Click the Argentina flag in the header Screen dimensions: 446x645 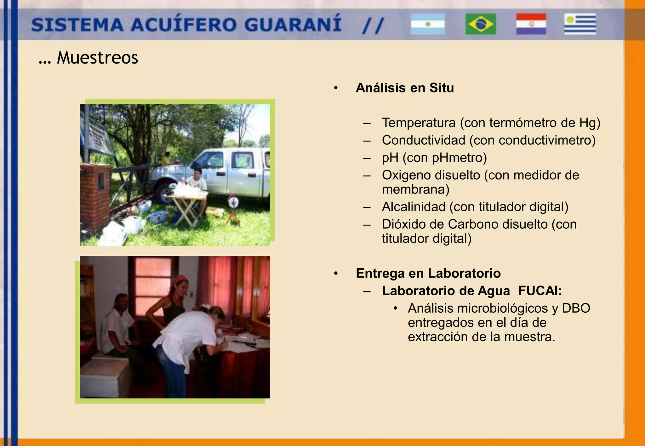click(x=427, y=24)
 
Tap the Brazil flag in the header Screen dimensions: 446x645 click(x=481, y=24)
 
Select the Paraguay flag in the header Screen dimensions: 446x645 click(x=531, y=24)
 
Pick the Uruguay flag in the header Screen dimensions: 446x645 click(x=580, y=24)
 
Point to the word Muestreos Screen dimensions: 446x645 click(x=97, y=58)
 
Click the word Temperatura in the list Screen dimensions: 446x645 click(x=419, y=123)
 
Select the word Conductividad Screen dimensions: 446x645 click(x=423, y=140)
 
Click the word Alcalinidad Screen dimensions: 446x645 click(x=414, y=207)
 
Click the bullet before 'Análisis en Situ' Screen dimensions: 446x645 click(x=336, y=88)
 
